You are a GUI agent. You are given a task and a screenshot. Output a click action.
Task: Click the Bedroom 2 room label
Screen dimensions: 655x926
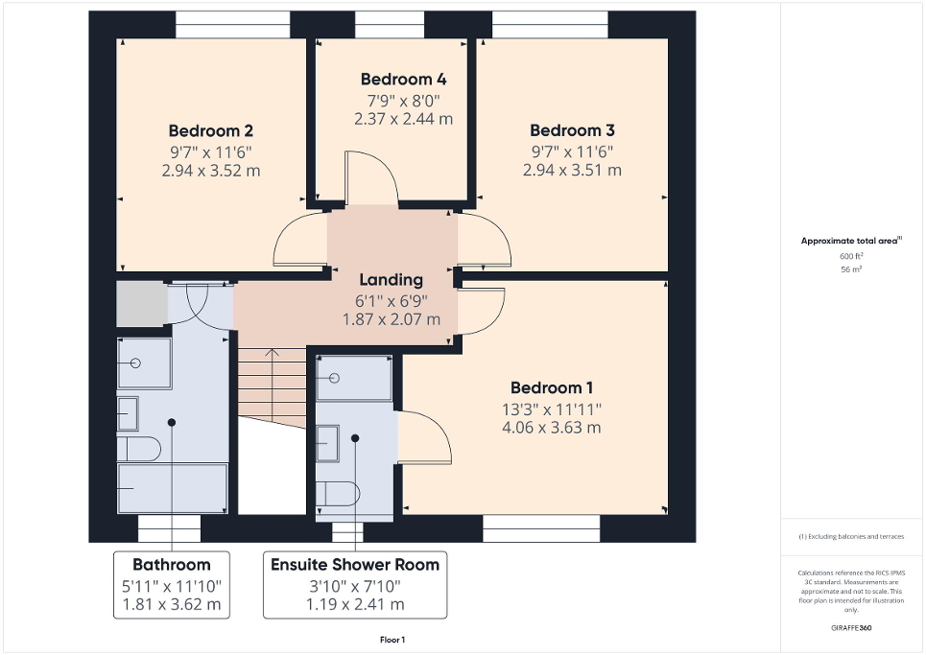point(210,130)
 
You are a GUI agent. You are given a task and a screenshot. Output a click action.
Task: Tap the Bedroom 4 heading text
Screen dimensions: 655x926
point(403,79)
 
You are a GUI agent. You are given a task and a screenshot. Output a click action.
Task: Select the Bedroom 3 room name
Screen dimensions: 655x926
point(572,130)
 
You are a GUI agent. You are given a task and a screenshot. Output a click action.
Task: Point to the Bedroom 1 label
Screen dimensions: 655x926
point(552,387)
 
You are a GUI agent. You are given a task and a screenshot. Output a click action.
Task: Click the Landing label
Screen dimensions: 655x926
point(391,280)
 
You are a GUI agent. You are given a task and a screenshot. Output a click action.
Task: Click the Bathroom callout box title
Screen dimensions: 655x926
point(172,564)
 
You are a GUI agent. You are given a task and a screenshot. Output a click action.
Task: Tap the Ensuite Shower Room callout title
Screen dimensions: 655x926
point(355,564)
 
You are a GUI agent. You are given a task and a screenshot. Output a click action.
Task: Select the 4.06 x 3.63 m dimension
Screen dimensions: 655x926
point(552,428)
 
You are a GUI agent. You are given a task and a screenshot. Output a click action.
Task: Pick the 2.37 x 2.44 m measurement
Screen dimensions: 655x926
point(403,119)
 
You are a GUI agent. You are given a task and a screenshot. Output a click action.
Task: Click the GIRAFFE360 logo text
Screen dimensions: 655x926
point(852,628)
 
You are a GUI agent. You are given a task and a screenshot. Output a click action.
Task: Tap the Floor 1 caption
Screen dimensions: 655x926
point(392,640)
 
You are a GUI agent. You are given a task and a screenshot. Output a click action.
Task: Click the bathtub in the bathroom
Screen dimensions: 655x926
point(172,487)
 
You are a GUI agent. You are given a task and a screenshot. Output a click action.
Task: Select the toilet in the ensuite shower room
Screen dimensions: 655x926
point(338,493)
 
